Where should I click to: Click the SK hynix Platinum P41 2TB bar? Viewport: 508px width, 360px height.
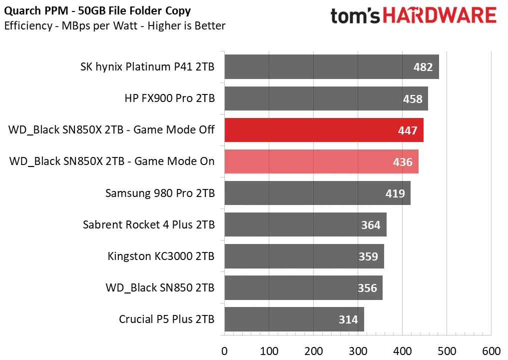pos(332,67)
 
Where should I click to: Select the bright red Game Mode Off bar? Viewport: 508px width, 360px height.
pos(324,130)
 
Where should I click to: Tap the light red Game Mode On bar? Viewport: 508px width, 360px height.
pos(322,161)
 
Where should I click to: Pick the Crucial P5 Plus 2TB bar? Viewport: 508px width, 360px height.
pos(295,319)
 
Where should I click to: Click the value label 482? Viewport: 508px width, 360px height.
pos(423,67)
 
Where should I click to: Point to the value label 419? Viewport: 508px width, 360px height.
pos(395,193)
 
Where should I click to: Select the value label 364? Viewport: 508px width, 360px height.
pos(371,225)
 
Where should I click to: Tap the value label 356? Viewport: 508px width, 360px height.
pos(368,288)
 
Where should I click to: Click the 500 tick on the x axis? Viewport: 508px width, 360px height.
pos(447,351)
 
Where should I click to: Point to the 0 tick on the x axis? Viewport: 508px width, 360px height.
pos(224,351)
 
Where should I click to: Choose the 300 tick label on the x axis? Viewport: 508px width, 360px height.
pos(358,351)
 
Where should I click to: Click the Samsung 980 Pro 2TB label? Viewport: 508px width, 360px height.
pos(160,193)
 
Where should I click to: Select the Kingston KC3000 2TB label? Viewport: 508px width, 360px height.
pos(161,256)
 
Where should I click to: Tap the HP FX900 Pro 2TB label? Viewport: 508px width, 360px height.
pos(170,98)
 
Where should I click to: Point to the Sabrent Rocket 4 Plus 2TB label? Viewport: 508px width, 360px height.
pos(149,225)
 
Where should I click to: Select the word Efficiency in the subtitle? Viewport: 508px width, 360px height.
pos(28,26)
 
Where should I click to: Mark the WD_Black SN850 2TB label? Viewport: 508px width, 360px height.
pos(160,288)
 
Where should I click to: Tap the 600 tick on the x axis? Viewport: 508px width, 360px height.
pos(492,351)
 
